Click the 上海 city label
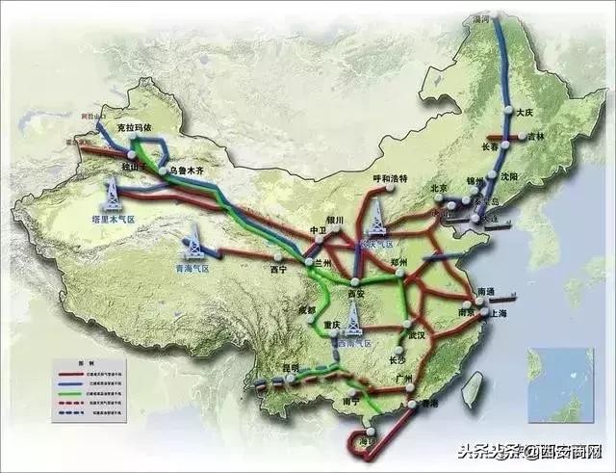coord(500,314)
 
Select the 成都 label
coord(307,308)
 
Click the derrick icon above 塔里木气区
coord(113,194)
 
